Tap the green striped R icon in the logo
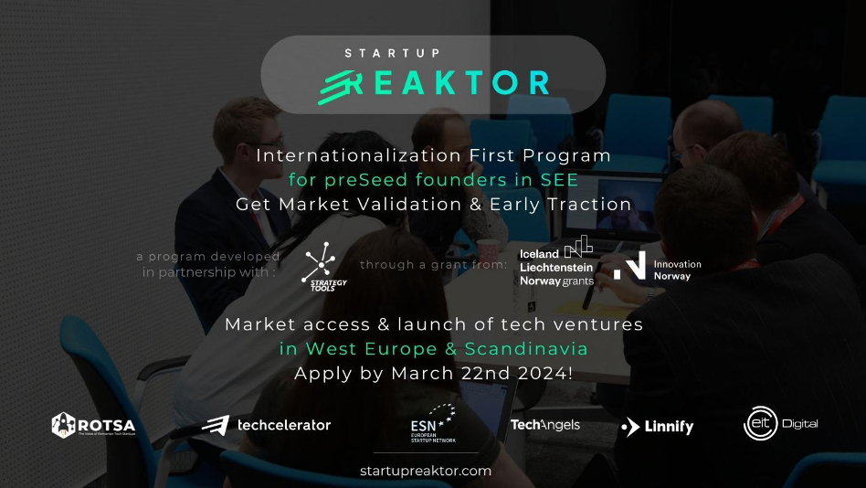point(340,85)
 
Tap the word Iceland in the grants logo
point(539,253)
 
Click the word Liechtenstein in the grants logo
point(555,267)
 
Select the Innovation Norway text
point(677,270)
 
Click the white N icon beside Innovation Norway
point(630,265)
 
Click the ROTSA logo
point(94,425)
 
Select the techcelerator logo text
point(283,425)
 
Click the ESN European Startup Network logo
point(431,425)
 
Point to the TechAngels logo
point(544,425)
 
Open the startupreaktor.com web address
point(426,472)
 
